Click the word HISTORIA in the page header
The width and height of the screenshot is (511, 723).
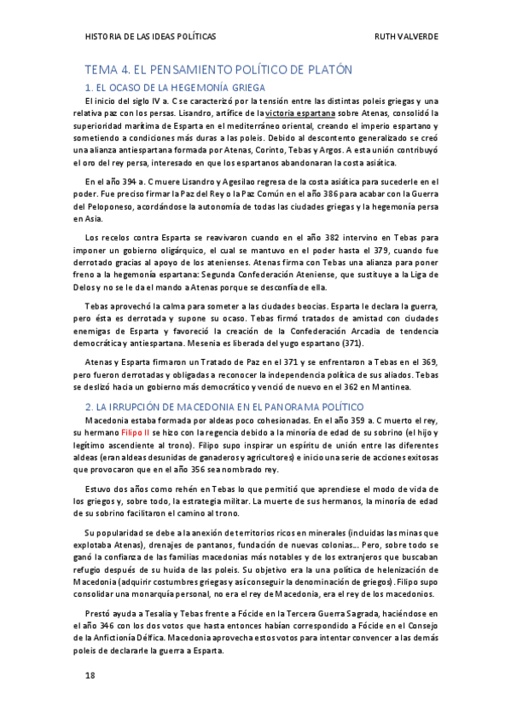click(x=106, y=37)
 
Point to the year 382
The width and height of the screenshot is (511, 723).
click(x=310, y=236)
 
